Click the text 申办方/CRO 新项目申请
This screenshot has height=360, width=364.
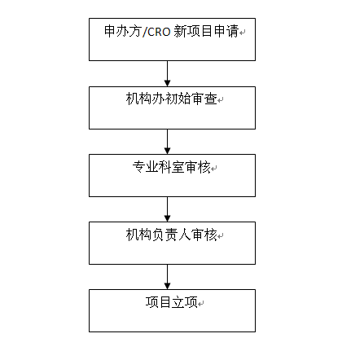(171, 31)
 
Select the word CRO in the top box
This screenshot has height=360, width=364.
(159, 32)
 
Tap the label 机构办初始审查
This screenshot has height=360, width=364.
(172, 99)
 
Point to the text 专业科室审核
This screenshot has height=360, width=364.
(172, 167)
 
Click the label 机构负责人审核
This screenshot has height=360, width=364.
(172, 235)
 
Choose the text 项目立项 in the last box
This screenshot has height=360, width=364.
(172, 302)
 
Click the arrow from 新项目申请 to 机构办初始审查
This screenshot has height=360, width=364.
(168, 73)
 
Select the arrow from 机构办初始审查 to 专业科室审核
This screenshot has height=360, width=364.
(168, 142)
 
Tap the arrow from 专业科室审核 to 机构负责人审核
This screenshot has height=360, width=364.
(168, 209)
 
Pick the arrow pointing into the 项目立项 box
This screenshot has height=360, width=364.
(168, 277)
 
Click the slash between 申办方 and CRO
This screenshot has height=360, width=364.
(144, 32)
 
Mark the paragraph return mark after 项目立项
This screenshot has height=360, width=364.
(201, 304)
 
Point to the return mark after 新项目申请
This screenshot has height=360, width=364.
(243, 33)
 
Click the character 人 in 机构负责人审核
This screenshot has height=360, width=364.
(185, 235)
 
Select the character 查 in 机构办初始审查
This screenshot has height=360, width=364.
(211, 99)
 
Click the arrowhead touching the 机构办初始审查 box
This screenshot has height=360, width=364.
(168, 83)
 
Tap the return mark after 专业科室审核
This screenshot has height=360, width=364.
(214, 169)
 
